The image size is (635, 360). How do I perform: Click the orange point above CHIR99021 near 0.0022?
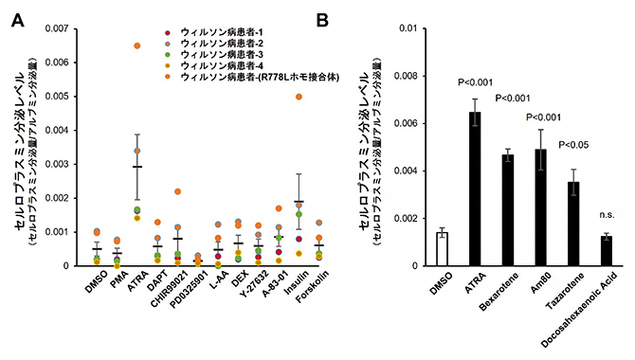pos(177,191)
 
